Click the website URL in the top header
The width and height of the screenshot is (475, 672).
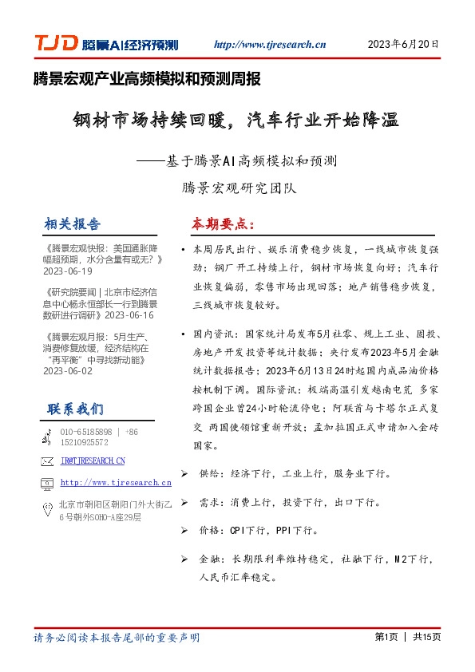(271, 45)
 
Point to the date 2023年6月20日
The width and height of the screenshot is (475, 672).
(403, 45)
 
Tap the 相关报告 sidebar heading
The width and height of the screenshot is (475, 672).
(73, 223)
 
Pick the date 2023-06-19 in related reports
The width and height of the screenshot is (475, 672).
(70, 271)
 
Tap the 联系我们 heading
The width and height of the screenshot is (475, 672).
(75, 409)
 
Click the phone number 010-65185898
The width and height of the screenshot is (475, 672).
(86, 432)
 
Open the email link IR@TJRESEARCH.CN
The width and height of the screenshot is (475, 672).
(93, 461)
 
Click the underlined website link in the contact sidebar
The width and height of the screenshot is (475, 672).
(116, 483)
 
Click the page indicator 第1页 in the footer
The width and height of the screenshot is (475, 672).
(386, 637)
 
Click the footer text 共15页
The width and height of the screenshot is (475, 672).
(426, 637)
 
